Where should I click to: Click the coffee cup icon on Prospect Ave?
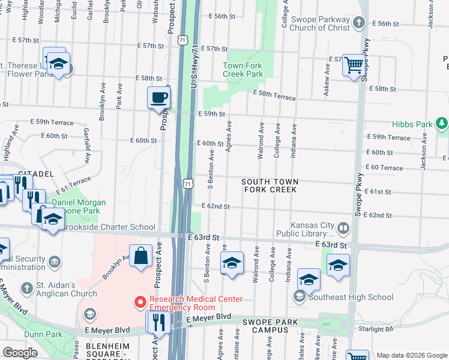tap(159, 98)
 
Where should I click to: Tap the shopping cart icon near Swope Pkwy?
tap(354, 64)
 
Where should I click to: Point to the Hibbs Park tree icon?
tap(442, 124)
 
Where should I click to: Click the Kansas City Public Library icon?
tap(343, 228)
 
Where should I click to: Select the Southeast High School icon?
tap(299, 297)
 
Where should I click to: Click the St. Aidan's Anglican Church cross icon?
tap(26, 289)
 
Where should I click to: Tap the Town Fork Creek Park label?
tap(243, 70)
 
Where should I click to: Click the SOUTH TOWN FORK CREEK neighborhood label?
tap(270, 185)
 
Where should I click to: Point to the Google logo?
tap(20, 353)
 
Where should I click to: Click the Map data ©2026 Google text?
tap(411, 355)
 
